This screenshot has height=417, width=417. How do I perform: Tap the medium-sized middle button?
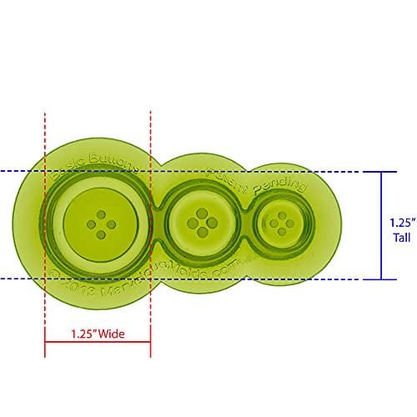pos(198,223)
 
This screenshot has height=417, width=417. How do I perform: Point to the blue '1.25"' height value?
pos(400,223)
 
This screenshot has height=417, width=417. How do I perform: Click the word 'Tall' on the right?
pos(400,236)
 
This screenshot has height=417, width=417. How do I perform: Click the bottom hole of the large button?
pos(97,233)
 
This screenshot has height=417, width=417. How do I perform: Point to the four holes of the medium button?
pos(198,223)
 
